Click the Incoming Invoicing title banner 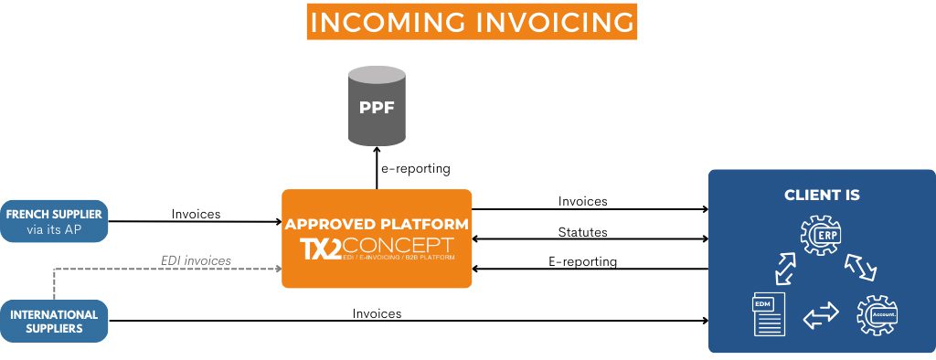(471, 23)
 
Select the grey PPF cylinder (377, 107)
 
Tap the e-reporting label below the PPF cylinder (416, 169)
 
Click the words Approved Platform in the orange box (377, 224)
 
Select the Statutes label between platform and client (582, 232)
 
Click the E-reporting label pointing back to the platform (582, 261)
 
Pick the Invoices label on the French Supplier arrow (196, 214)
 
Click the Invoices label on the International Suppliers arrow (377, 313)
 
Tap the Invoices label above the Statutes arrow (582, 201)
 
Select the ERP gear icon (821, 236)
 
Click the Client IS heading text (822, 196)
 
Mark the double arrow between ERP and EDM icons (784, 270)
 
